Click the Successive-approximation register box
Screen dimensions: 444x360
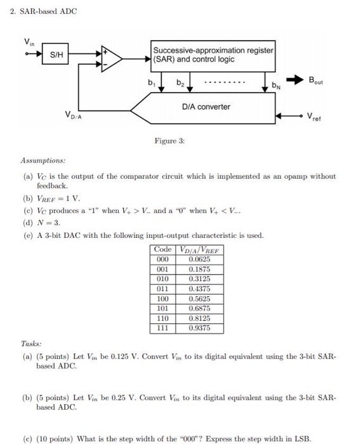point(213,55)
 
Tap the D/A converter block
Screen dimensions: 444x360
point(206,107)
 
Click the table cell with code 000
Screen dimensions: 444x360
point(163,259)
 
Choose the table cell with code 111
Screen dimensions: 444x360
point(163,328)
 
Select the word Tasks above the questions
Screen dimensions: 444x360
point(32,343)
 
